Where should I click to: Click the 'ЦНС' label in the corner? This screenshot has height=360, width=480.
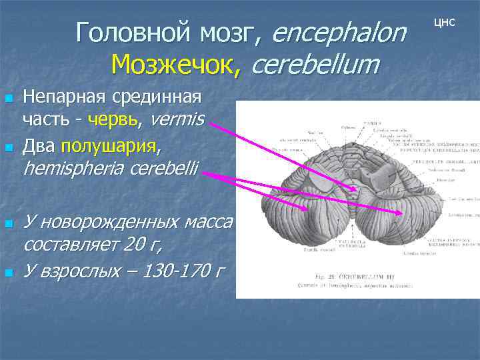click(445, 22)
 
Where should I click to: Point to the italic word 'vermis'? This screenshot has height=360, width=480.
click(179, 120)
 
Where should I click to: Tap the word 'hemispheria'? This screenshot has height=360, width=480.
click(71, 169)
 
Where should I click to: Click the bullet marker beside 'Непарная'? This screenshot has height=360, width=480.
click(9, 99)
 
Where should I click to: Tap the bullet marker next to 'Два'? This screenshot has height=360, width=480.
click(9, 146)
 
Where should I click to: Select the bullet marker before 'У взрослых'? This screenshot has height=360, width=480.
click(9, 271)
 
